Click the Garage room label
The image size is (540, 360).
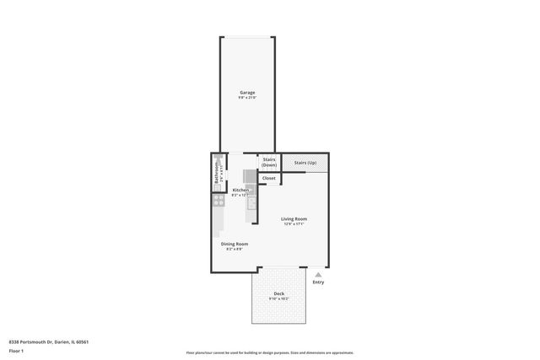246,92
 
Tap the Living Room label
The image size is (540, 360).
294,218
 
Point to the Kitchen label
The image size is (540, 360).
240,190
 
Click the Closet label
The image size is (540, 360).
268,178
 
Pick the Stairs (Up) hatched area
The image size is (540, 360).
305,162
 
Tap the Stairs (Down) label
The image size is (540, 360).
269,162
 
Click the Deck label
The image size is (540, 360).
278,293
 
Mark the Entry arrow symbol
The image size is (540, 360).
318,274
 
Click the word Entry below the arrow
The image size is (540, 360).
318,282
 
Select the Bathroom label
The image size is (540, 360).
216,173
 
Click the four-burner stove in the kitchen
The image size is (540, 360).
217,201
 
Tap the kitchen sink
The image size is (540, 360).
251,202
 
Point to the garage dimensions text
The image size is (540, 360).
246,98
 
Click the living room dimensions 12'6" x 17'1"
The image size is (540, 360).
294,223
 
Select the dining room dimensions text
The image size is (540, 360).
235,249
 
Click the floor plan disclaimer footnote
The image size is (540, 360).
270,352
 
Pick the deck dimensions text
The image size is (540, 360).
278,298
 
